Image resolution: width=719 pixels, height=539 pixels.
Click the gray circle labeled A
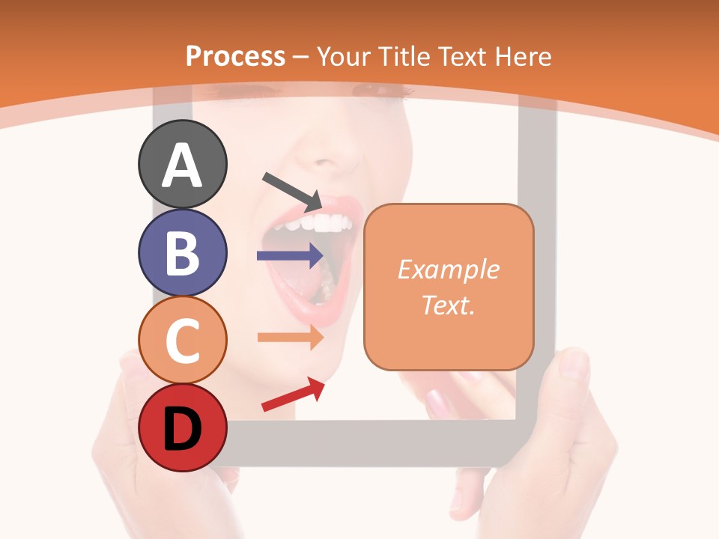click(x=182, y=164)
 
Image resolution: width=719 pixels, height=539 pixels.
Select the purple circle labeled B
click(x=182, y=252)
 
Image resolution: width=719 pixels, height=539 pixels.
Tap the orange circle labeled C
click(x=182, y=341)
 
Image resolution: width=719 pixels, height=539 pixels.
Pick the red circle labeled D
click(x=182, y=428)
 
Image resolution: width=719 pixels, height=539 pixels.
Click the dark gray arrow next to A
click(x=292, y=191)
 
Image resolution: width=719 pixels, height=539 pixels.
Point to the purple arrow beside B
click(x=290, y=256)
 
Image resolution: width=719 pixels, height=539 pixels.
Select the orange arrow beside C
click(x=290, y=337)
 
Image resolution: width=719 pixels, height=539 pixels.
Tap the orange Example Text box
click(x=449, y=287)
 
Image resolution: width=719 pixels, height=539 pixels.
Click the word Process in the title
click(x=235, y=56)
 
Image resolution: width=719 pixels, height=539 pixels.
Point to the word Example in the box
click(x=448, y=269)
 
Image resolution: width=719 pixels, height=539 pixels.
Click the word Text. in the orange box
click(x=448, y=305)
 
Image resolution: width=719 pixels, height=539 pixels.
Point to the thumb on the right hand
click(x=572, y=367)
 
